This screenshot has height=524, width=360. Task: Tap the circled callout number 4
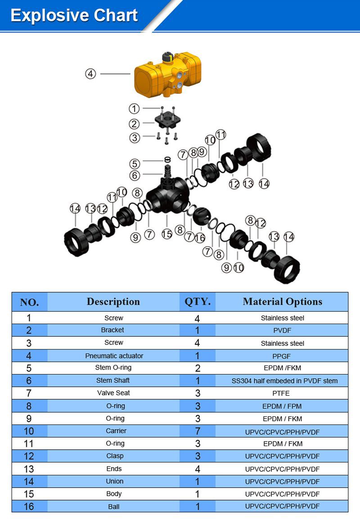91,73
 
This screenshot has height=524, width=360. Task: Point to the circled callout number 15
167,234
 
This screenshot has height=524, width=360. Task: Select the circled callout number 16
200,238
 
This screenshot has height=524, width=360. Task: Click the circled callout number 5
135,163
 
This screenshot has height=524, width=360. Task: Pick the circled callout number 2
134,124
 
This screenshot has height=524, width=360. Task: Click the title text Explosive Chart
74,16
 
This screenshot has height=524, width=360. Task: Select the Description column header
113,302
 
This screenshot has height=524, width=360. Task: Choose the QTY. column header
198,302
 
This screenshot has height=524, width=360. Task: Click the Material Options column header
283,302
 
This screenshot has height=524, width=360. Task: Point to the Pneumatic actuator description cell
114,356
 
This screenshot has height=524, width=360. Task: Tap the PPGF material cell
283,356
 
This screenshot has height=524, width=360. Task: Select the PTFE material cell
283,393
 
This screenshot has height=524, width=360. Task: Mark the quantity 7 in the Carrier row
198,431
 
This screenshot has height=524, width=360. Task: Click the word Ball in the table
114,506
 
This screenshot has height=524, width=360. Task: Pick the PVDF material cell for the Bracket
283,330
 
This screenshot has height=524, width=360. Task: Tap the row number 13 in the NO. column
29,469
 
